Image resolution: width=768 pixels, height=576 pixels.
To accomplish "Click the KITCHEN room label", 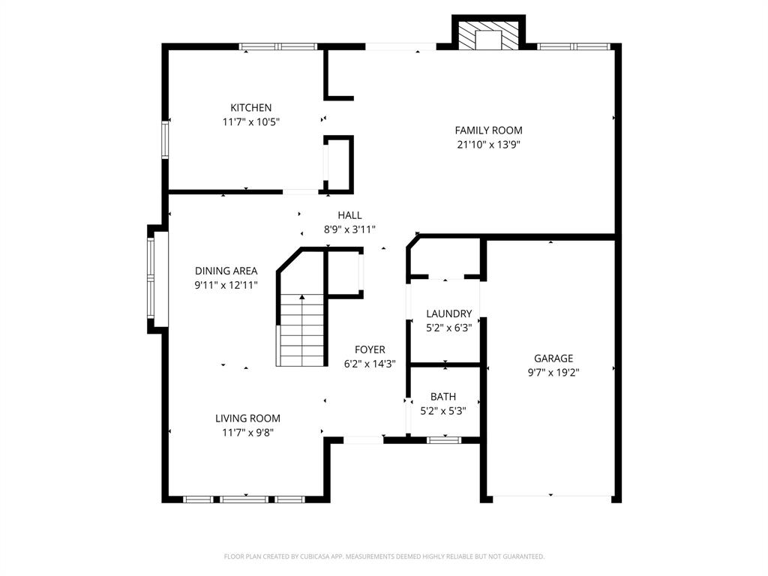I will (250, 108).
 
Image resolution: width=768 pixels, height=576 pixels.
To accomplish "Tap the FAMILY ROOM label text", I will (488, 130).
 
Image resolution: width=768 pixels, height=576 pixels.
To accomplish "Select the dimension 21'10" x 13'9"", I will (488, 145).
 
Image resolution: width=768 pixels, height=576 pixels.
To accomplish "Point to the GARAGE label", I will (553, 358).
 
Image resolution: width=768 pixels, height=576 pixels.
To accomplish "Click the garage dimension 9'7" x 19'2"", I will (553, 372).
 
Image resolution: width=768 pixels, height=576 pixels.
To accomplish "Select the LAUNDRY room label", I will (448, 313).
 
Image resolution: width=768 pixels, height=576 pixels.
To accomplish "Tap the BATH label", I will (442, 397).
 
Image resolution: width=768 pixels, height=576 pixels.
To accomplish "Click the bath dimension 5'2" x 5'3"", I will (442, 410).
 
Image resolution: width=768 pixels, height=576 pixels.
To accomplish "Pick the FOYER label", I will (370, 349).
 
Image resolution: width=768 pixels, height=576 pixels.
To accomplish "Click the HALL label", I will (349, 215).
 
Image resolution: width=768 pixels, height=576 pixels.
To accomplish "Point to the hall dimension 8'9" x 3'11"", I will (349, 229).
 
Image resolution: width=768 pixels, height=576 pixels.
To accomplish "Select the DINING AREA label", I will (226, 271).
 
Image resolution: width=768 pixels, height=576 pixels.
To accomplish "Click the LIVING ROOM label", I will (247, 418).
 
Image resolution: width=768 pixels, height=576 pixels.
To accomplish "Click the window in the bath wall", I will (443, 440).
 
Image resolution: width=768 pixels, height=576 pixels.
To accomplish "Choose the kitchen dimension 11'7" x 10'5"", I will (250, 121).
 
